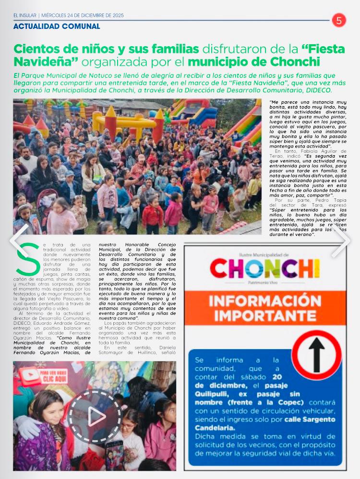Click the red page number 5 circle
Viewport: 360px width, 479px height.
click(339, 20)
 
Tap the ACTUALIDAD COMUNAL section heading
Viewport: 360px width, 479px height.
click(57, 26)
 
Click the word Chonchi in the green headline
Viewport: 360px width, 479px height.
click(292, 62)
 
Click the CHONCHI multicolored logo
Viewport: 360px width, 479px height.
click(265, 269)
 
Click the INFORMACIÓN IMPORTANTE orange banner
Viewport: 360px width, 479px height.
click(265, 308)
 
